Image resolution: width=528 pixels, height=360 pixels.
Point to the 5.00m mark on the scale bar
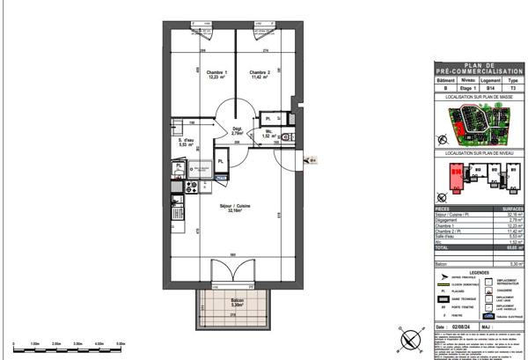pyautogui.click(x=119, y=344)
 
